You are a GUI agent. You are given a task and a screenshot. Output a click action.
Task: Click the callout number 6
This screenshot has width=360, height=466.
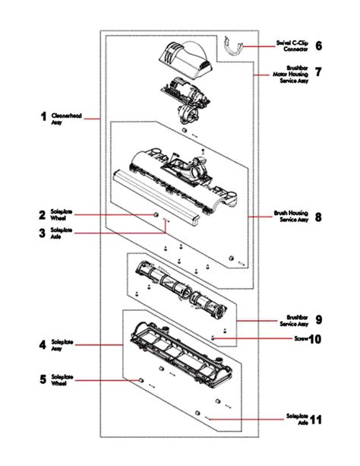318,46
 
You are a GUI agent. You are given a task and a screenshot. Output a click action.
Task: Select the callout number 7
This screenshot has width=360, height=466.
318,72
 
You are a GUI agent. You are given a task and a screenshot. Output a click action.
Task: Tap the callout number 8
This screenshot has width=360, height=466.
318,217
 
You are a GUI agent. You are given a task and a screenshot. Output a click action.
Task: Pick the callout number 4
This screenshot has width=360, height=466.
43,344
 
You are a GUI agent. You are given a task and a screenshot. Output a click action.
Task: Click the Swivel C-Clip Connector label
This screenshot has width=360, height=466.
292,46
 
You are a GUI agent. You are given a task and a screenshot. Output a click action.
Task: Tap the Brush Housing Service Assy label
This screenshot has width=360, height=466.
291,217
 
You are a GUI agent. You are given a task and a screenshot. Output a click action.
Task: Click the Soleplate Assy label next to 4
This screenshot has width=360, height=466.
62,346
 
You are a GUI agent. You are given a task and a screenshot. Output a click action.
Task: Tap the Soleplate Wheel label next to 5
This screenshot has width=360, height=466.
62,379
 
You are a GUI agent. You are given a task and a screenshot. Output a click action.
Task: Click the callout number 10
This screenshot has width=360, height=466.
315,339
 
